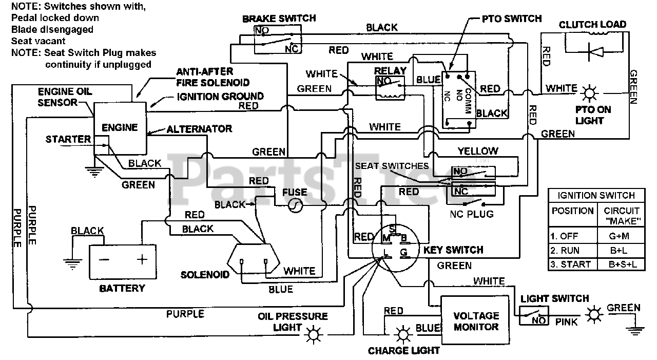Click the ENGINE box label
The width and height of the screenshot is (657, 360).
point(120,128)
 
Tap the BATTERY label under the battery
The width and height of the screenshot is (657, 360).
point(122,289)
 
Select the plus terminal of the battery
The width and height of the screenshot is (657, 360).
point(142,259)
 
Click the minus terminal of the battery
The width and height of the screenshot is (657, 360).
point(104,259)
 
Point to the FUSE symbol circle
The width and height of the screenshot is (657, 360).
point(295,205)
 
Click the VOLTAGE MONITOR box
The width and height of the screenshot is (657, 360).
point(475,320)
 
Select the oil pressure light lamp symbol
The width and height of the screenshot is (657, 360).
point(313,334)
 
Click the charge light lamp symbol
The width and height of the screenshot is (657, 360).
point(403,334)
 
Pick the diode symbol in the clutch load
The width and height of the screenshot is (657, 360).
point(595,52)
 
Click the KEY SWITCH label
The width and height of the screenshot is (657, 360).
point(453,250)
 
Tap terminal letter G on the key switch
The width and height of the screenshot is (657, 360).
point(403,252)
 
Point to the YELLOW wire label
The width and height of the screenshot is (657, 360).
point(478,151)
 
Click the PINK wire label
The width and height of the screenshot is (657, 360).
point(566,322)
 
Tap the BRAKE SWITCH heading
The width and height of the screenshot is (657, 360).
point(279,18)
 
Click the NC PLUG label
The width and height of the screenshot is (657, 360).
point(472,214)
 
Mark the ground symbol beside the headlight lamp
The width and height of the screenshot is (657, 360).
point(635,331)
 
